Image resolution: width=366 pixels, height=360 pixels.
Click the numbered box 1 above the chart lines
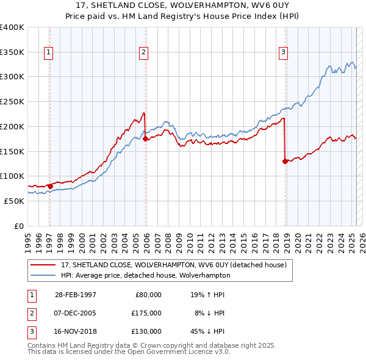48,53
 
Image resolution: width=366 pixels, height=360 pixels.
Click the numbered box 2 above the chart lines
143,53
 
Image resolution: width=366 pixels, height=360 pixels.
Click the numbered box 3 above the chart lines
284,53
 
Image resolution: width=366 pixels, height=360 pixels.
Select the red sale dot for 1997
51,186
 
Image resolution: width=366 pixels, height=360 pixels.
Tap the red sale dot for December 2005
146,139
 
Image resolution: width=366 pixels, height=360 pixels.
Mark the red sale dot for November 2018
285,161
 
